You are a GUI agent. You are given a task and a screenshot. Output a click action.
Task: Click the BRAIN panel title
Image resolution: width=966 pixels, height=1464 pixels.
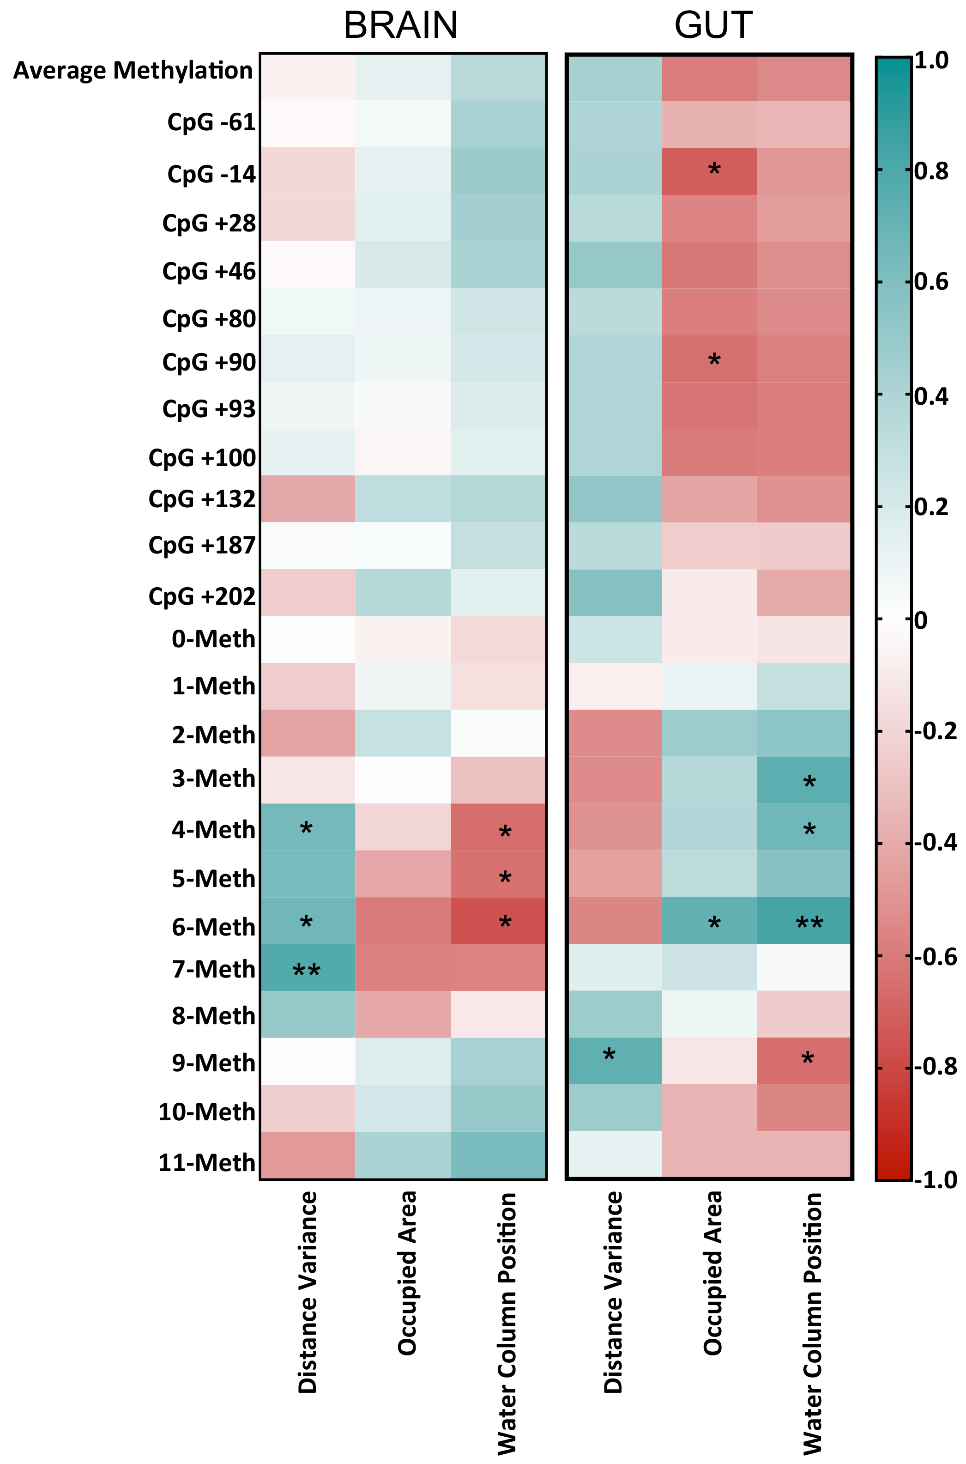pos(400,26)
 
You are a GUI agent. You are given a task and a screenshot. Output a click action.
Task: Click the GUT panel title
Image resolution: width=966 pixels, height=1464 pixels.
pos(713,26)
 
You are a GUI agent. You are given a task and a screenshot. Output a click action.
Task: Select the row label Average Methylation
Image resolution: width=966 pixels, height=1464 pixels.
pos(133,71)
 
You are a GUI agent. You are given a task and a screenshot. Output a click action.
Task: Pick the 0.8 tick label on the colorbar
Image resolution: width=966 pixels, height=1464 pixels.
pos(931,171)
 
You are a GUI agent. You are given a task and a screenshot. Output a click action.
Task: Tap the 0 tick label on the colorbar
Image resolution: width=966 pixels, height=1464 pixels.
pos(920,620)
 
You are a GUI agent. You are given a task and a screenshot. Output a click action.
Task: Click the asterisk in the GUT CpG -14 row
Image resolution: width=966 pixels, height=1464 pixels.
pos(714,170)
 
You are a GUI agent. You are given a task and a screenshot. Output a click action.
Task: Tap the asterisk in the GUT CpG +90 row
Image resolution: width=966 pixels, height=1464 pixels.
pos(714,360)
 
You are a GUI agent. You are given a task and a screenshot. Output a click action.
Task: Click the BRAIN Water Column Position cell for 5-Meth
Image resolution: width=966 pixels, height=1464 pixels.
pos(498,874)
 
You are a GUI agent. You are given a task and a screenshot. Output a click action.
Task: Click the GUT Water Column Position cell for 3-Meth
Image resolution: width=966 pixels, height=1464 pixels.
pos(803,780)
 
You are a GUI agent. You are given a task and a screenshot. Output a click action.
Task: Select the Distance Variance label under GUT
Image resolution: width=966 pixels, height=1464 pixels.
pos(614,1291)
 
